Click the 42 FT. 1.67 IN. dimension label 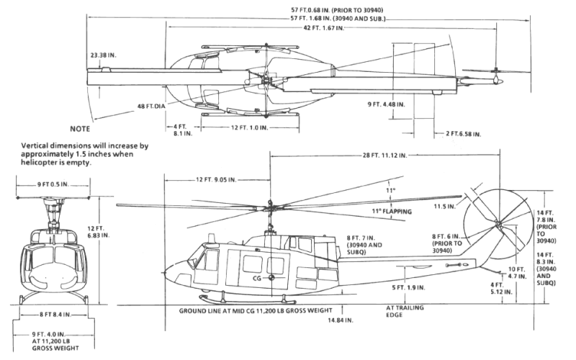pyautogui.click(x=323, y=28)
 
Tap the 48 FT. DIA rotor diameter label pyautogui.click(x=151, y=106)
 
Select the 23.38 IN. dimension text pyautogui.click(x=103, y=55)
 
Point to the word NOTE pyautogui.click(x=80, y=129)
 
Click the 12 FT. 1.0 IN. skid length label pyautogui.click(x=249, y=127)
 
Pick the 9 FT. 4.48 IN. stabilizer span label pyautogui.click(x=387, y=104)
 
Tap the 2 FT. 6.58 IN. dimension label pyautogui.click(x=463, y=134)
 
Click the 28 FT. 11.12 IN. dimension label pyautogui.click(x=385, y=156)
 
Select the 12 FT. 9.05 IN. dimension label pyautogui.click(x=216, y=179)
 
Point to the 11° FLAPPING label pyautogui.click(x=392, y=211)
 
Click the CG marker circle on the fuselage pyautogui.click(x=271, y=278)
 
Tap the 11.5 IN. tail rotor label pyautogui.click(x=444, y=207)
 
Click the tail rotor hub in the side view pyautogui.click(x=498, y=223)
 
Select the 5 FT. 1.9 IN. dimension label pyautogui.click(x=408, y=287)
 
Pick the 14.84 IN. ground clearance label pyautogui.click(x=341, y=320)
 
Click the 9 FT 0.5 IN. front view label pyautogui.click(x=53, y=184)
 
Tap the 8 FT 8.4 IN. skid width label pyautogui.click(x=55, y=315)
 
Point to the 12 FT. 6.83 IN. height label pyautogui.click(x=98, y=232)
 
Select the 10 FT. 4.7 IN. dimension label pyautogui.click(x=517, y=273)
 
